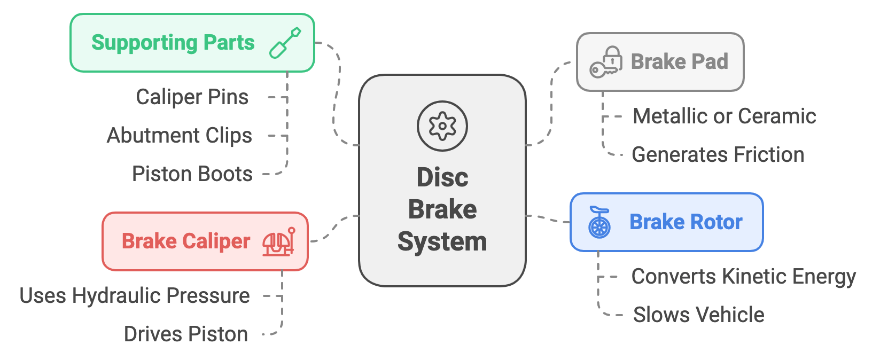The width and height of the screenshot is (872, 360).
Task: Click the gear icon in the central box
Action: pyautogui.click(x=442, y=126)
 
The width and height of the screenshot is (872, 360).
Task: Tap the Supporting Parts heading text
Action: pyautogui.click(x=173, y=43)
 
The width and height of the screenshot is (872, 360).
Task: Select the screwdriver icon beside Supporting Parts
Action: pyautogui.click(x=285, y=43)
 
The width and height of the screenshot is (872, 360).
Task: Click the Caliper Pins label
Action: pyautogui.click(x=192, y=97)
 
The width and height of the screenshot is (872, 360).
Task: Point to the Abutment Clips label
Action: pyautogui.click(x=180, y=136)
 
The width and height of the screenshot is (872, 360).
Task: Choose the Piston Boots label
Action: pyautogui.click(x=192, y=174)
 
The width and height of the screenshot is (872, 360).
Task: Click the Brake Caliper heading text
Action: pyautogui.click(x=185, y=241)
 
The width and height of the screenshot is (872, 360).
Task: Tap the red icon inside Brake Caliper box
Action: pyautogui.click(x=278, y=241)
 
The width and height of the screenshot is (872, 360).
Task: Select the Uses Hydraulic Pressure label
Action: pyautogui.click(x=135, y=296)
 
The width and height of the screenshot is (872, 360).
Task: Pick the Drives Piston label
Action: pyautogui.click(x=185, y=334)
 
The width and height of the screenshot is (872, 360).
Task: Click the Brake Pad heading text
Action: pyautogui.click(x=679, y=62)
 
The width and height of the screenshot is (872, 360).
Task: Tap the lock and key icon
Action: pyautogui.click(x=606, y=62)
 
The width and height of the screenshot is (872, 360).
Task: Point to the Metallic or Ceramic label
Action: pyautogui.click(x=724, y=116)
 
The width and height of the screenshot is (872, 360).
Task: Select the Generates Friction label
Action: pyautogui.click(x=718, y=155)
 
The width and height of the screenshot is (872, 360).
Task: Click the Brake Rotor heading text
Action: pyautogui.click(x=686, y=222)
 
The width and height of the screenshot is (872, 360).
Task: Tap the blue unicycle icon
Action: pyautogui.click(x=599, y=222)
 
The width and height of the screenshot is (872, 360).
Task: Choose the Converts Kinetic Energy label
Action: pyautogui.click(x=743, y=277)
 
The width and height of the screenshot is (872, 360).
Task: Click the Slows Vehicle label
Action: pyautogui.click(x=698, y=315)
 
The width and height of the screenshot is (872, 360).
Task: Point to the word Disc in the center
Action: pyautogui.click(x=442, y=177)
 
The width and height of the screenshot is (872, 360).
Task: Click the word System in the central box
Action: pyautogui.click(x=442, y=241)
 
